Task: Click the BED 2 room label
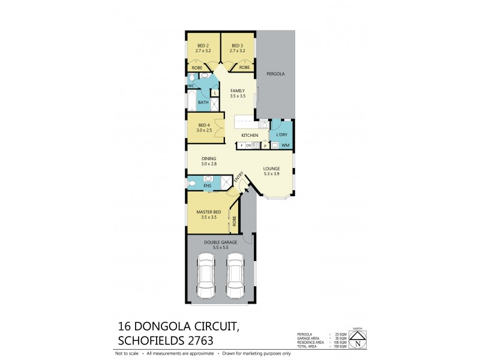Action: click(x=203, y=46)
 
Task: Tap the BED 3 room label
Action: click(x=238, y=46)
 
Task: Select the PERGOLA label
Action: click(x=275, y=74)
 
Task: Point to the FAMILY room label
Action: click(x=238, y=91)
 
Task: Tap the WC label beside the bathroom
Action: click(x=191, y=86)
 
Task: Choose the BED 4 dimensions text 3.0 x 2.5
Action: click(x=204, y=130)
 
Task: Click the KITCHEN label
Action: click(x=250, y=136)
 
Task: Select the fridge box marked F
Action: click(x=241, y=146)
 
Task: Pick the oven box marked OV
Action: click(x=248, y=146)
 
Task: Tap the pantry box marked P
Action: click(x=265, y=146)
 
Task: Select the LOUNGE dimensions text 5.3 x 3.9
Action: click(x=272, y=174)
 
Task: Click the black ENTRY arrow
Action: click(x=245, y=190)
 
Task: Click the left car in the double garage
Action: click(x=206, y=275)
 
